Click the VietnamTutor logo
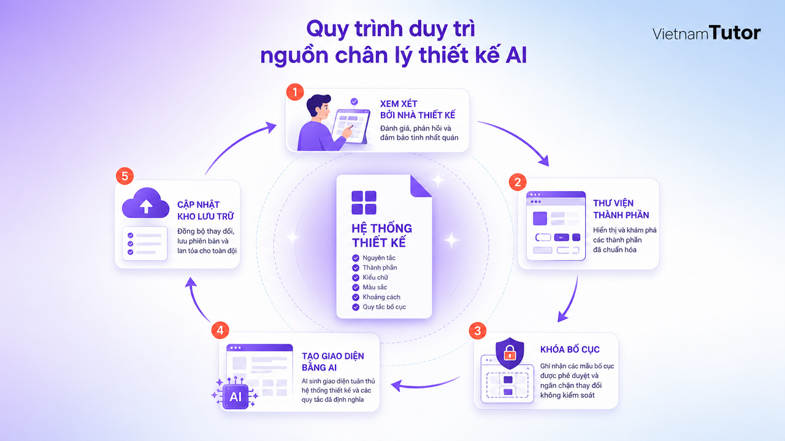point(706,33)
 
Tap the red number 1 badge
point(295,92)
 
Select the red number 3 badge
point(478,331)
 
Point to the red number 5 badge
point(124,176)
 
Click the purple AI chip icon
point(235,396)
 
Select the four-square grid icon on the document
point(364,203)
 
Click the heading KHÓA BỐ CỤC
point(570,349)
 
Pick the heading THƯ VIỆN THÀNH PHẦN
point(621,209)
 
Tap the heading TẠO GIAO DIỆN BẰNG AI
point(333,362)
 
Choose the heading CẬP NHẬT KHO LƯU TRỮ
point(205,210)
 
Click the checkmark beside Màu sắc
point(356,287)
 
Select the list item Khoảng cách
point(381,297)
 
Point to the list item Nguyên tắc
point(379,258)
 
